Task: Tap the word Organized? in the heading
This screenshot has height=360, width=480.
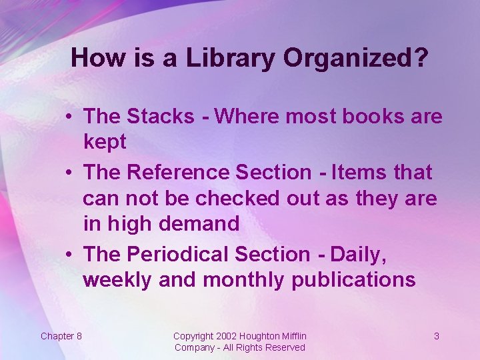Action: click(355, 59)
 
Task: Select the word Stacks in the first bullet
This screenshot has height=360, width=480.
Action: click(160, 116)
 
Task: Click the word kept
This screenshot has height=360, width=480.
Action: click(105, 141)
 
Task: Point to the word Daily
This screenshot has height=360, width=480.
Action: click(359, 254)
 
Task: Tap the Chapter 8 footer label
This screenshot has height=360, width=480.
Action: click(61, 336)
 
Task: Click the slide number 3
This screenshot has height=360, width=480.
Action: click(437, 336)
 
